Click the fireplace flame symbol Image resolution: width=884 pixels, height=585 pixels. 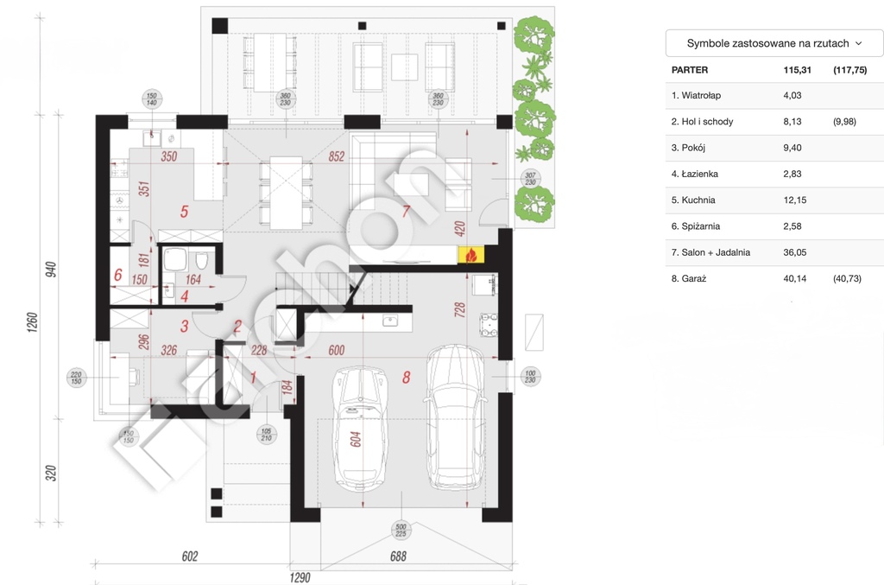[x=471, y=254]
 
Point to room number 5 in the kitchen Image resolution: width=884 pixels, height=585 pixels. [x=183, y=210]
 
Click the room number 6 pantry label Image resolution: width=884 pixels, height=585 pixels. [x=117, y=275]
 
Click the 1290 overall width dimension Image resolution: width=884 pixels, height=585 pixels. [x=299, y=576]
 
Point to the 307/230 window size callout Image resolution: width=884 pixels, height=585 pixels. [x=529, y=180]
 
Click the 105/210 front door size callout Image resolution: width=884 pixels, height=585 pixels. [x=267, y=434]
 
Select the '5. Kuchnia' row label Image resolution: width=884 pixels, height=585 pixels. [x=693, y=200]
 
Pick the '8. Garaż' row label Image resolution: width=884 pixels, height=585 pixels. [x=689, y=278]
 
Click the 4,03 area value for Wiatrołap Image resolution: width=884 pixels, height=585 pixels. [x=792, y=95]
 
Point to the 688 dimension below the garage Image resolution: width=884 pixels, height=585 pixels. [x=398, y=557]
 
